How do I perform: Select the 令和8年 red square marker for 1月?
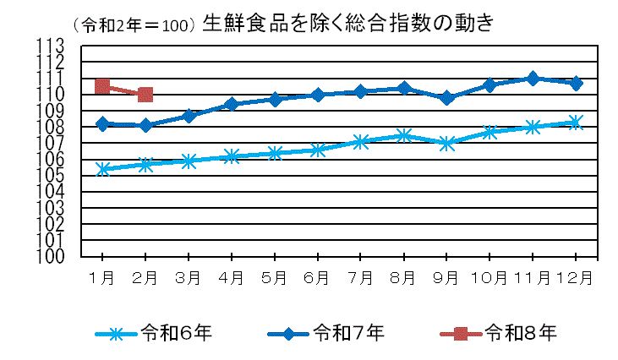[x=102, y=86]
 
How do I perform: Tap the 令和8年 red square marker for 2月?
[x=145, y=95]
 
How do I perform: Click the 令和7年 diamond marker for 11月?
[x=533, y=79]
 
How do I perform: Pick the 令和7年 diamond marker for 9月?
[x=446, y=98]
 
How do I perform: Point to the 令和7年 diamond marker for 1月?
[x=102, y=124]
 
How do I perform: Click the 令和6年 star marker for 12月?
[x=576, y=122]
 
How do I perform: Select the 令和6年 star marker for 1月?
[x=102, y=169]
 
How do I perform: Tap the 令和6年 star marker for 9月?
[x=446, y=144]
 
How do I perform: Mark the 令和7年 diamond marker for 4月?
[x=232, y=104]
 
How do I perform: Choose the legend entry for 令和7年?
[x=325, y=333]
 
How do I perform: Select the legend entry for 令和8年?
[x=499, y=333]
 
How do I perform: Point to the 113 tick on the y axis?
[x=52, y=46]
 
